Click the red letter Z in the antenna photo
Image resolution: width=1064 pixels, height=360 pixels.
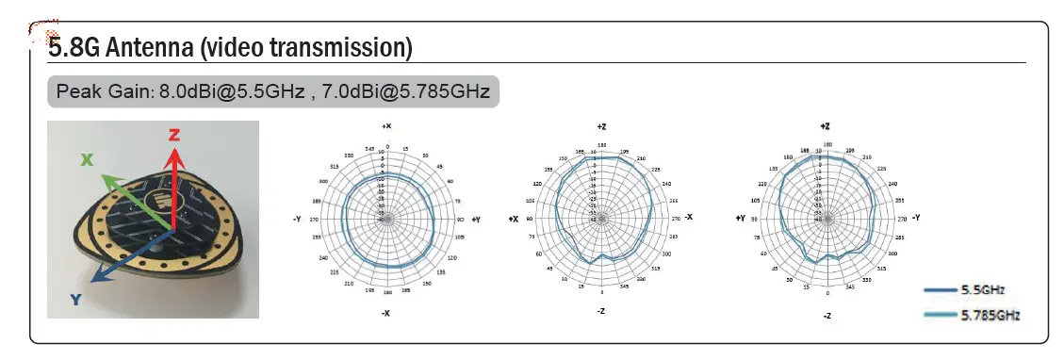pyautogui.click(x=174, y=135)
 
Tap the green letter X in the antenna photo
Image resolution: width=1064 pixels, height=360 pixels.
pyautogui.click(x=88, y=160)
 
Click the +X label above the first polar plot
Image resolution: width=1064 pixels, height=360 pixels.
pyautogui.click(x=385, y=126)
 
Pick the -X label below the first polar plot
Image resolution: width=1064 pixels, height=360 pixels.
pyautogui.click(x=385, y=313)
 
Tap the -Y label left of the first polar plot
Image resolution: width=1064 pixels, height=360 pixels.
pyautogui.click(x=297, y=219)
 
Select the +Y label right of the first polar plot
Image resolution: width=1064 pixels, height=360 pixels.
pyautogui.click(x=475, y=219)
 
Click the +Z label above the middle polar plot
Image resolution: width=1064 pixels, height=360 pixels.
pyautogui.click(x=601, y=126)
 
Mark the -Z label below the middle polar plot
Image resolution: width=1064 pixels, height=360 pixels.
pyautogui.click(x=601, y=310)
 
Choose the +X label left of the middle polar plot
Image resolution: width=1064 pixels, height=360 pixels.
pyautogui.click(x=514, y=219)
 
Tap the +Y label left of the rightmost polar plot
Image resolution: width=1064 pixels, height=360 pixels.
pyautogui.click(x=741, y=219)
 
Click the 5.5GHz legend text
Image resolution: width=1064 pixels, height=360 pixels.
pyautogui.click(x=983, y=290)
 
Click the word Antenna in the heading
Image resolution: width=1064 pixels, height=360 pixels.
pyautogui.click(x=139, y=46)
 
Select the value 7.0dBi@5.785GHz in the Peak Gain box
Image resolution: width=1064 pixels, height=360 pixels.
pyautogui.click(x=405, y=91)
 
